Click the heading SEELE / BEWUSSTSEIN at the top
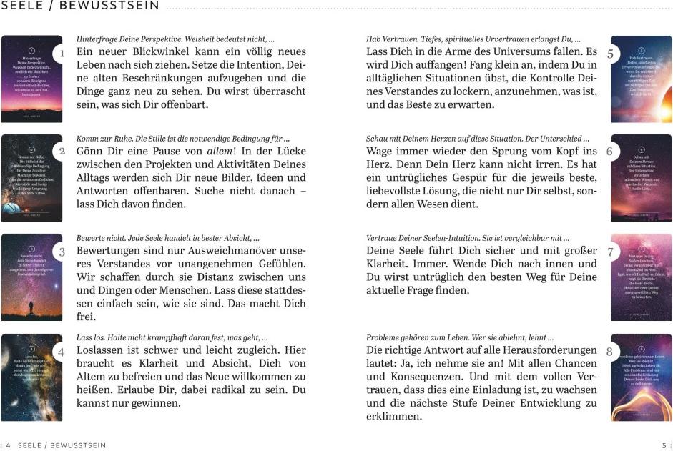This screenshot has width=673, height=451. pos(80,7)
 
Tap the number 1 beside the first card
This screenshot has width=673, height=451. pos(62,53)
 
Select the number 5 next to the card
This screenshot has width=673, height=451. pos(609,54)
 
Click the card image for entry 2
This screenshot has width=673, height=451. pos(31,178)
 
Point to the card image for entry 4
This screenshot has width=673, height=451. pos(31,377)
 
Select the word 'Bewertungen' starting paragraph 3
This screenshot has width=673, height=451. pos(114,251)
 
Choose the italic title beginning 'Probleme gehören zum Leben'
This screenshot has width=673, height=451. pos(460,337)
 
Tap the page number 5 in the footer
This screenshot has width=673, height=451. pos(664,445)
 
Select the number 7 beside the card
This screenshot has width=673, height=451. pos(609,252)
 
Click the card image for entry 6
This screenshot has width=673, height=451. pos(642,178)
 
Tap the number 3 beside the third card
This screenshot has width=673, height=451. pos(62,252)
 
